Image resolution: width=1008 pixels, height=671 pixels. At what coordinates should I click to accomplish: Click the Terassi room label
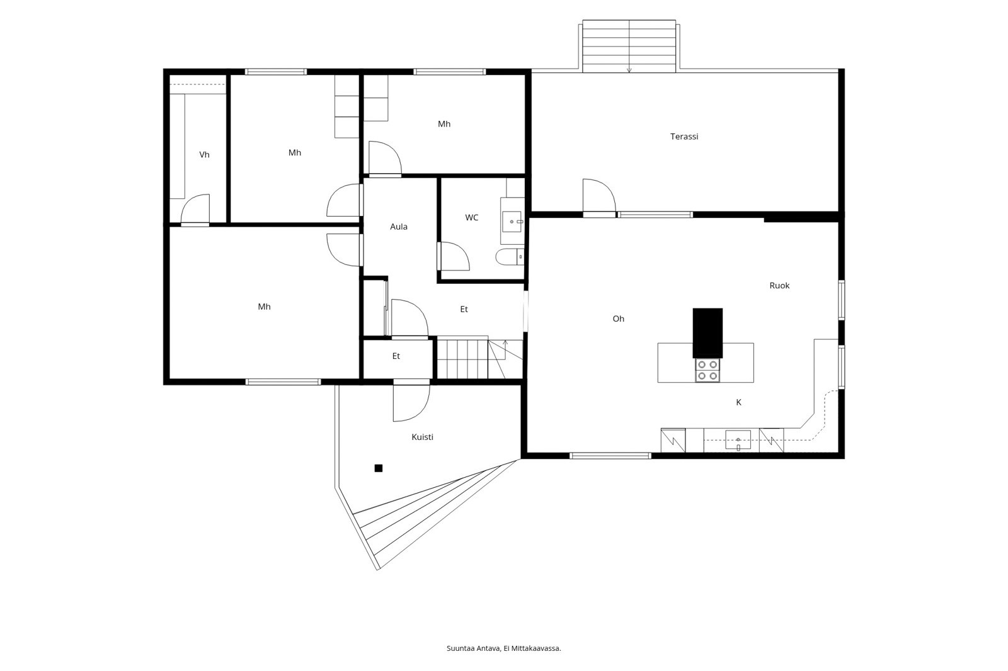tap(684, 137)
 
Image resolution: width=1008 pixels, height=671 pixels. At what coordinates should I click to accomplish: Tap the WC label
tap(472, 218)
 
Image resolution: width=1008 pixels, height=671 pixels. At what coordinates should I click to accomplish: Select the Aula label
tap(399, 227)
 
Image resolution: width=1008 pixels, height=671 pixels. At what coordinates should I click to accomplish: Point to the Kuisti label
tap(423, 437)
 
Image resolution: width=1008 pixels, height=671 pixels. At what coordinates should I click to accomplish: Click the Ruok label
tap(779, 286)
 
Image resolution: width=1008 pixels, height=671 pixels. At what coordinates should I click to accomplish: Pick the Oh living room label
tap(618, 319)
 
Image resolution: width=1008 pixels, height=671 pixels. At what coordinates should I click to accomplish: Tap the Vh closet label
tap(204, 155)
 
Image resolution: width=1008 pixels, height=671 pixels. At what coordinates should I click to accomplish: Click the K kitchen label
tap(738, 402)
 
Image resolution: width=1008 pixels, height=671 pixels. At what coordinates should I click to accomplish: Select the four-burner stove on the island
tap(707, 370)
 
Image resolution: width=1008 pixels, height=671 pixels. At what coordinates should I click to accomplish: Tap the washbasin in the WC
tap(512, 222)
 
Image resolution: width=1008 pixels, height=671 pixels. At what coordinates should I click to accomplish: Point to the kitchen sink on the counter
tap(738, 440)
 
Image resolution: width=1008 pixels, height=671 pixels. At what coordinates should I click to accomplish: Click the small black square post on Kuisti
tap(379, 468)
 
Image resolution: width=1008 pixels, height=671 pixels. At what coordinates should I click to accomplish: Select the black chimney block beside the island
tap(707, 333)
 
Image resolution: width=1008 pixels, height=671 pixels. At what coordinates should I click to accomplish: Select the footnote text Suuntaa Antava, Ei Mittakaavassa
tap(503, 648)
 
